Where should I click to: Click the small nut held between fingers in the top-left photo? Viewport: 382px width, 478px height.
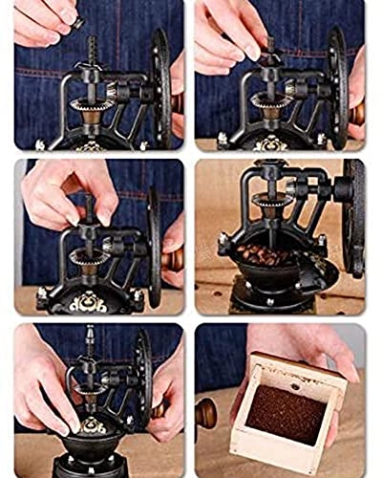pos(78,21)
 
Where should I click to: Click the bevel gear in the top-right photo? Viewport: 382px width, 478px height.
pos(271,98)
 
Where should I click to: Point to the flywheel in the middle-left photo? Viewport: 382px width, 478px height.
pos(155,244)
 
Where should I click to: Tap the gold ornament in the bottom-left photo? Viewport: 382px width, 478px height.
pos(92,424)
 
